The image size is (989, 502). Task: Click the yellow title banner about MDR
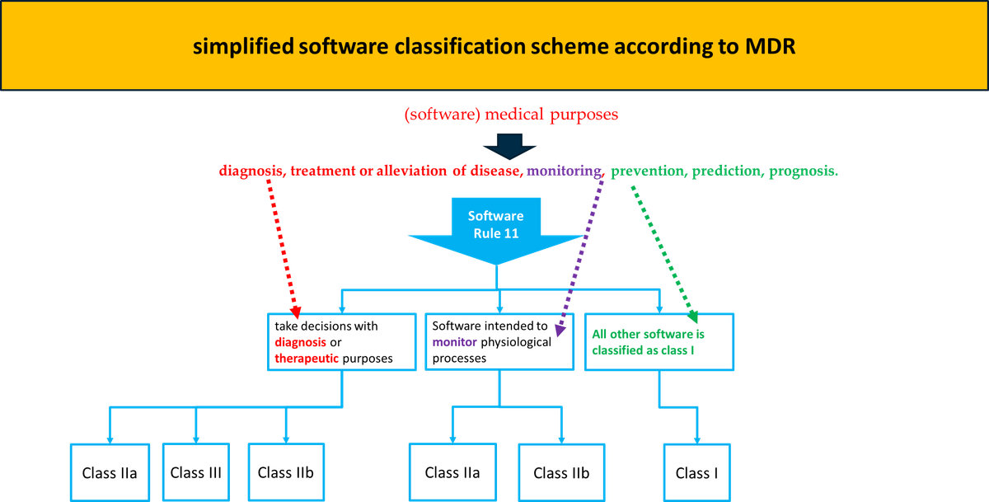[494, 45]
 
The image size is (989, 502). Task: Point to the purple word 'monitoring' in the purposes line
[565, 171]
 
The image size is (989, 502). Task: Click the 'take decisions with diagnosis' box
[340, 342]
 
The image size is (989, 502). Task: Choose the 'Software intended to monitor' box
[499, 342]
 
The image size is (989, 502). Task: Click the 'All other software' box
[659, 342]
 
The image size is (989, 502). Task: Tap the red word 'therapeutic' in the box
[307, 359]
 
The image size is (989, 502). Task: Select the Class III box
[195, 472]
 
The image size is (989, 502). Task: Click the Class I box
[696, 472]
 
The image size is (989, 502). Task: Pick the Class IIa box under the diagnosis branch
[110, 472]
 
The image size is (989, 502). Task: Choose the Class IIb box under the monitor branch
[561, 472]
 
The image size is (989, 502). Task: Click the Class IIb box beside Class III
[285, 472]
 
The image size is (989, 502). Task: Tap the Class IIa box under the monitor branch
[452, 472]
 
